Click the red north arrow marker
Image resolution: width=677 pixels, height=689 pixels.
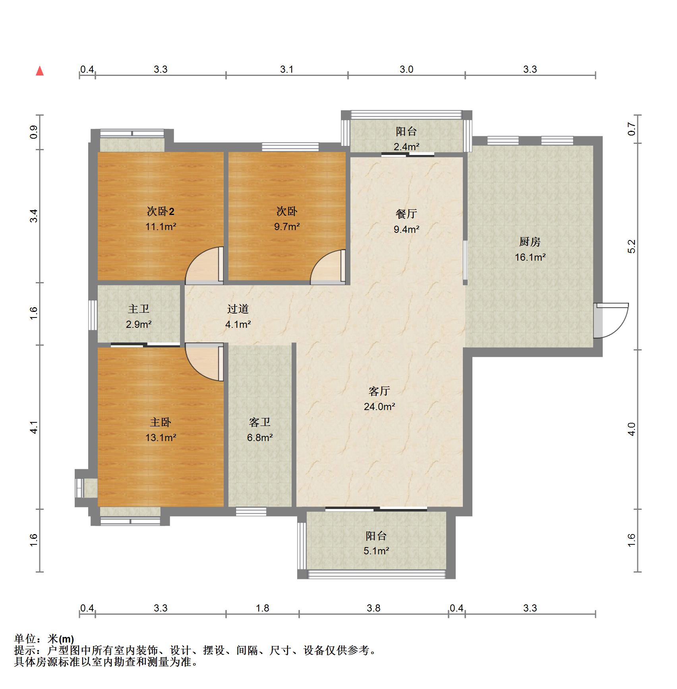pyautogui.click(x=40, y=71)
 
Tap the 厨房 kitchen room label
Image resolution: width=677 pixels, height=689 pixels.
pyautogui.click(x=530, y=242)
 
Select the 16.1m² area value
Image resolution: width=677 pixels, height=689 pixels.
pyautogui.click(x=530, y=257)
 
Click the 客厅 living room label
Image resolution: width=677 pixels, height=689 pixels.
pyautogui.click(x=379, y=391)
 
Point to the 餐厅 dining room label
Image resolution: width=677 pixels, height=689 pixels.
pyautogui.click(x=406, y=214)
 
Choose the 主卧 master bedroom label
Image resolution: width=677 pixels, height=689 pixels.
pyautogui.click(x=161, y=422)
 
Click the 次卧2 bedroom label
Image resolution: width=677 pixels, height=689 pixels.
pyautogui.click(x=161, y=211)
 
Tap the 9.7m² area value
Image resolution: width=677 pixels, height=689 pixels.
pyautogui.click(x=287, y=227)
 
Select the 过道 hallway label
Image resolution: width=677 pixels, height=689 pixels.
pyautogui.click(x=238, y=309)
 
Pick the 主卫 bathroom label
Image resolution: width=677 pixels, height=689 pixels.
pyautogui.click(x=139, y=309)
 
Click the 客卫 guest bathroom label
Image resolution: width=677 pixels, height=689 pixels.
pyautogui.click(x=260, y=422)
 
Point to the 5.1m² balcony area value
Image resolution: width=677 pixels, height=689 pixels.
pyautogui.click(x=376, y=551)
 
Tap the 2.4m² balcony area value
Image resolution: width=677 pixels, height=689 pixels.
pyautogui.click(x=406, y=147)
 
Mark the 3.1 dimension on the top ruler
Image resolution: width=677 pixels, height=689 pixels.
pyautogui.click(x=287, y=70)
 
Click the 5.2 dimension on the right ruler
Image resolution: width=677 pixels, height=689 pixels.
pyautogui.click(x=632, y=246)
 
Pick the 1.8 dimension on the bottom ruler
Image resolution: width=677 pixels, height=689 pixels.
pyautogui.click(x=263, y=608)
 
